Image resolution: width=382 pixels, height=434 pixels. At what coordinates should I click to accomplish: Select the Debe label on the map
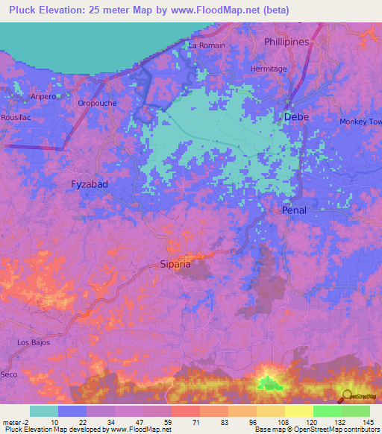pyautogui.click(x=296, y=117)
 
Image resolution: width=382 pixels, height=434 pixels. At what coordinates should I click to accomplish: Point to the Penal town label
pyautogui.click(x=294, y=211)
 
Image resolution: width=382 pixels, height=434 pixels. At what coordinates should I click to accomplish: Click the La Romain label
pyautogui.click(x=207, y=45)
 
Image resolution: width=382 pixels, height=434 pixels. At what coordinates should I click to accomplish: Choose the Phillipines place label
pyautogui.click(x=286, y=43)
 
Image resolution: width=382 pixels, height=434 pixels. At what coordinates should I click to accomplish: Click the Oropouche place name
pyautogui.click(x=97, y=104)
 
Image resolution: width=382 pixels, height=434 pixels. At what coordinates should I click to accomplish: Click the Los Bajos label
pyautogui.click(x=32, y=342)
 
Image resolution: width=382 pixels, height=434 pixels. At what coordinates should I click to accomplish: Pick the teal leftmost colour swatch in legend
pyautogui.click(x=43, y=411)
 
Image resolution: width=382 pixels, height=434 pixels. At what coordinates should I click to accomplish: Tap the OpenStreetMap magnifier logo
pyautogui.click(x=345, y=396)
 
